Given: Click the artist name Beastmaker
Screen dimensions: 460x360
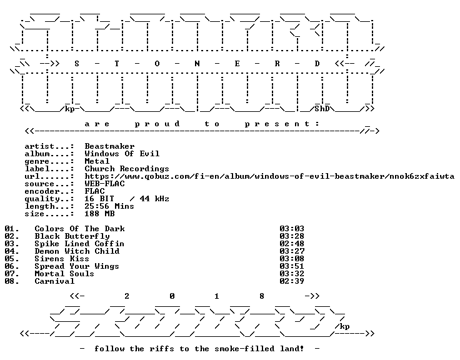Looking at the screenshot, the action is point(109,146).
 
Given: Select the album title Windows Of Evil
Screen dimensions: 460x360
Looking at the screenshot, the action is point(122,154).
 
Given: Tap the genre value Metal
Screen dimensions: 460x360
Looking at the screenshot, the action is point(97,161).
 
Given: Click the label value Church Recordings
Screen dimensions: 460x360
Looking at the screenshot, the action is point(127,169).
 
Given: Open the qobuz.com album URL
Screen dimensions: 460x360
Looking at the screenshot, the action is point(269,176).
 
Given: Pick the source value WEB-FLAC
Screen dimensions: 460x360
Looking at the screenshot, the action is point(105,184).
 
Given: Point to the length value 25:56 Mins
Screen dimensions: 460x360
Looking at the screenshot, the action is point(109,206).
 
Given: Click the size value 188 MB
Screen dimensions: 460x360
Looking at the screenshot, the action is point(99,214).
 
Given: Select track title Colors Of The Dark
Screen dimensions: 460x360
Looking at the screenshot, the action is point(79,229).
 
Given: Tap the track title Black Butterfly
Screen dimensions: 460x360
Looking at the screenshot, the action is point(72,236).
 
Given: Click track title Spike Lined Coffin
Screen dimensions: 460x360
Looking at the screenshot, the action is point(79,244).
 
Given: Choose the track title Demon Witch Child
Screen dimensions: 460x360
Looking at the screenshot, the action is point(77,251).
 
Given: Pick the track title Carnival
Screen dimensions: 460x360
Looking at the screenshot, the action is point(54,281).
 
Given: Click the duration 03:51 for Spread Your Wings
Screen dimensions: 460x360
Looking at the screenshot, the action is point(292,266).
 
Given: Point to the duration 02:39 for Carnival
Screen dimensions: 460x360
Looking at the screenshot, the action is point(292,281).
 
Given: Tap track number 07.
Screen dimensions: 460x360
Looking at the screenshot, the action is point(12,274).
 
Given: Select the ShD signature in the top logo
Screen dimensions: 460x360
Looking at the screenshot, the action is point(322,109).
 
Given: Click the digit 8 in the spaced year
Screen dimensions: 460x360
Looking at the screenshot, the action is point(262,296).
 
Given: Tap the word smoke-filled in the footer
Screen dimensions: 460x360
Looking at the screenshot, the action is point(244,349).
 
